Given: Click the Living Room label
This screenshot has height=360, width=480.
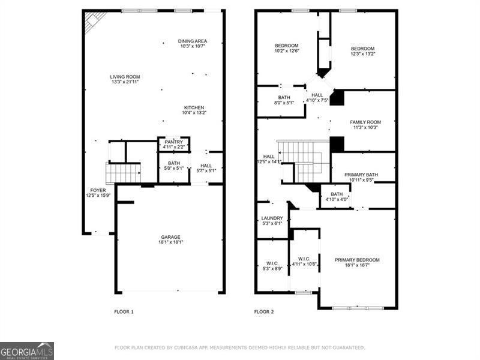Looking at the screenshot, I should [x=125, y=79].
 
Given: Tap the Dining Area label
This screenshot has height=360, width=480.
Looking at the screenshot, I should [x=192, y=44].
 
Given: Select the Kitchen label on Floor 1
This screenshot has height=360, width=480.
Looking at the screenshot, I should [x=194, y=110].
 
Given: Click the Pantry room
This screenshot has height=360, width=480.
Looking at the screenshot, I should [x=174, y=144].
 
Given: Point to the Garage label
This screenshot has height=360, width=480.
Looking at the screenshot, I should [x=170, y=239].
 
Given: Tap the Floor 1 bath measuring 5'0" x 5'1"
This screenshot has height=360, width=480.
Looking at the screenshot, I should [x=174, y=166].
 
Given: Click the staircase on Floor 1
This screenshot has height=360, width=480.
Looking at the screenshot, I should [x=124, y=173].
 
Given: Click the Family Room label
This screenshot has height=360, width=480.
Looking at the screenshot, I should [x=365, y=125].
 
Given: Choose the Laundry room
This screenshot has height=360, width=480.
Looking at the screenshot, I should [x=272, y=221].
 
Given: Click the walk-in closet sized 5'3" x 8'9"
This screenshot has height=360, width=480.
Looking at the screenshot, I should [x=272, y=266].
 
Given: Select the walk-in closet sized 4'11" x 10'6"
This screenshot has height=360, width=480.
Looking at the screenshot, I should [x=304, y=262].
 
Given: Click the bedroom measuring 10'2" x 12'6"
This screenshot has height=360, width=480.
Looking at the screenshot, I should [x=287, y=49].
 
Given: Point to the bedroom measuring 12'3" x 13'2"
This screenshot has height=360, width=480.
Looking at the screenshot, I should [x=362, y=52].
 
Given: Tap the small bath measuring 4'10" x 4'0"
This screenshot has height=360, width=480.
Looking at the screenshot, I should [x=336, y=197].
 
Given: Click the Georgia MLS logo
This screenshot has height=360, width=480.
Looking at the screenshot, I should [x=27, y=350].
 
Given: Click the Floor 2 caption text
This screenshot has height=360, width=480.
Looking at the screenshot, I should [x=263, y=312].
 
